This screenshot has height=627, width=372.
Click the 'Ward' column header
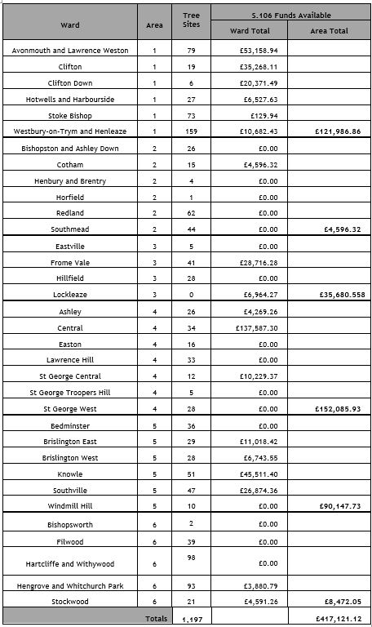pyautogui.click(x=70, y=25)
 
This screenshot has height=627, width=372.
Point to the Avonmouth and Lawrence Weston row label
pyautogui.click(x=70, y=50)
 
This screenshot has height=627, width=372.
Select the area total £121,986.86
pyautogui.click(x=330, y=131)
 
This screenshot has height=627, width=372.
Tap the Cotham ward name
pyautogui.click(x=70, y=164)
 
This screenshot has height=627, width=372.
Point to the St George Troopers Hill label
pyautogui.click(x=70, y=393)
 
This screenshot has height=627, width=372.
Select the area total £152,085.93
pyautogui.click(x=330, y=409)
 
